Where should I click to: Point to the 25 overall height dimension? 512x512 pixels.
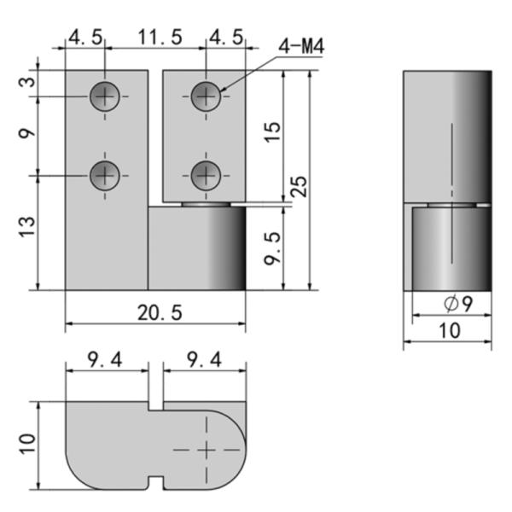tap(298, 186)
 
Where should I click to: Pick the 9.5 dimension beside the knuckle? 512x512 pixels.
tap(271, 248)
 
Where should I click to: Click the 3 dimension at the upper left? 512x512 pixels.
tap(27, 82)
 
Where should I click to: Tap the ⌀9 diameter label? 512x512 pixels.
tap(452, 304)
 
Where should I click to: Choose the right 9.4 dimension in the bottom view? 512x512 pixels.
tap(204, 360)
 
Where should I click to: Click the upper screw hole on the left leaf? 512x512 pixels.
tap(105, 96)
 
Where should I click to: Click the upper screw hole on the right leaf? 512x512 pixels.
tap(205, 96)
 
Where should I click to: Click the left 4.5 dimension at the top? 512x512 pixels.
tap(85, 38)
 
